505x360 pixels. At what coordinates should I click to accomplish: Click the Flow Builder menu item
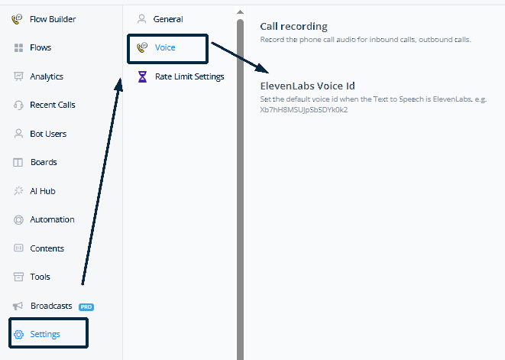coord(53,19)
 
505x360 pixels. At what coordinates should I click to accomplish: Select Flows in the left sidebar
coord(40,47)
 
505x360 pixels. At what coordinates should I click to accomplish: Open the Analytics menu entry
coord(47,76)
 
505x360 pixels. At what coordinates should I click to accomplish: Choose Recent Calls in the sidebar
coord(53,105)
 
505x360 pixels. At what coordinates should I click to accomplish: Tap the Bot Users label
coord(48,134)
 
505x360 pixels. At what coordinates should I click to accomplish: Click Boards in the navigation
coord(44,162)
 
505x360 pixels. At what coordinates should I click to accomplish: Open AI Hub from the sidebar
coord(43,191)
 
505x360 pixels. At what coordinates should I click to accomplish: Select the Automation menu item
coord(52,219)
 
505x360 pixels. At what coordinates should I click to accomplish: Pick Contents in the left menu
coord(47,248)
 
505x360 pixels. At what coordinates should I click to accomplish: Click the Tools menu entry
coord(40,277)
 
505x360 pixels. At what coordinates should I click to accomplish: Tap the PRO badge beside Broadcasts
coord(86,306)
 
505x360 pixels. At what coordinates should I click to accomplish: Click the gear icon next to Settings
coord(18,335)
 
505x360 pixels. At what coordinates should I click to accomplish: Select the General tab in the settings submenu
coord(168,19)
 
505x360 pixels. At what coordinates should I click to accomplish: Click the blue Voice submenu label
coord(165,47)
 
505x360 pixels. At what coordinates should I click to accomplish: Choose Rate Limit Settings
coord(189,76)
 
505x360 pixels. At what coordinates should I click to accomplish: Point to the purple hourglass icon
coord(142,76)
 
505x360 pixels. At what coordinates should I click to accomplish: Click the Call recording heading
coord(293,27)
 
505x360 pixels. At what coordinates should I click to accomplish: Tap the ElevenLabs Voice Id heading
coord(308,86)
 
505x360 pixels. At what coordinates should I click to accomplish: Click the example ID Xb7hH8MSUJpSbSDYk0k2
coord(304,110)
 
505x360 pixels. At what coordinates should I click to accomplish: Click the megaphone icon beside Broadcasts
coord(18,306)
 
